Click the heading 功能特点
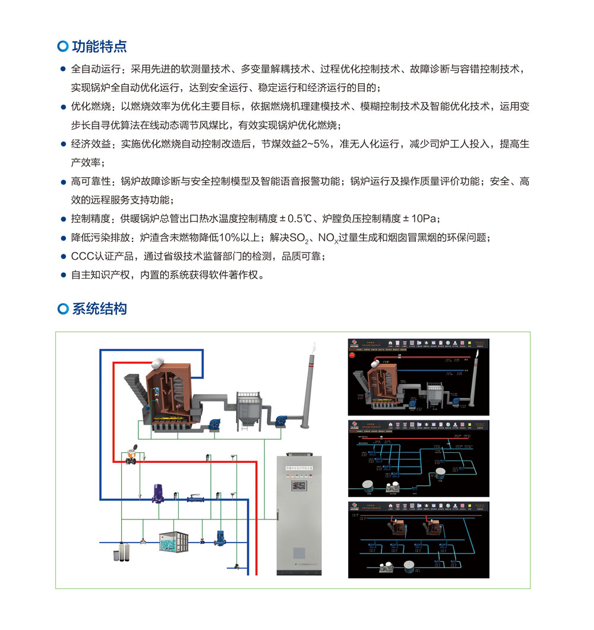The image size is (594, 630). [99, 46]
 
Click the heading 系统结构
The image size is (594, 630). [99, 309]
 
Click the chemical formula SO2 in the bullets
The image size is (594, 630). [302, 238]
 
